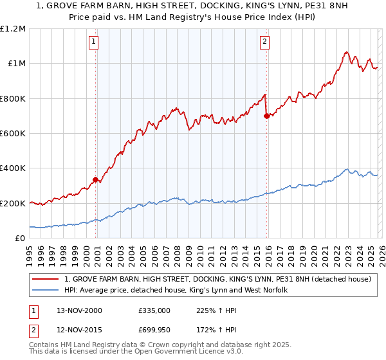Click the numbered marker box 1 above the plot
coord(93,42)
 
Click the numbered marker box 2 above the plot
coord(264,42)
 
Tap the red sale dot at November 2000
coord(96,180)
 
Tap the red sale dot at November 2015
coord(266,116)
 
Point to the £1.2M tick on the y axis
coord(13,29)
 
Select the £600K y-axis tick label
coord(13,134)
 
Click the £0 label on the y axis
coord(21,239)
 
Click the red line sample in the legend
coord(46,280)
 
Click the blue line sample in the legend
coord(46,291)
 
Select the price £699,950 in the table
coord(154,330)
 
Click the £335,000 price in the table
coord(154,310)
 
